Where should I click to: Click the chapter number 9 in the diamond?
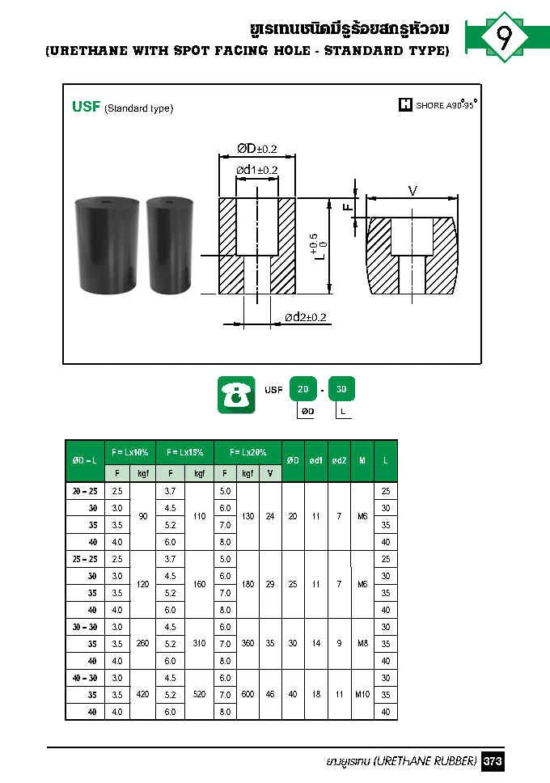504,38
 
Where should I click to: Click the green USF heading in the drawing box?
86,106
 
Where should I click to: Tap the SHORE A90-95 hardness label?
438,104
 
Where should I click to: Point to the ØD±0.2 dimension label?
256,148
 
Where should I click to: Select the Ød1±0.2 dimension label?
256,170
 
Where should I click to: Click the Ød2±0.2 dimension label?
305,317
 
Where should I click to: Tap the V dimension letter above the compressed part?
412,191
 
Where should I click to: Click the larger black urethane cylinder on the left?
107,244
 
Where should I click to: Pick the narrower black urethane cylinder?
170,244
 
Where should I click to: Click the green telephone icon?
236,395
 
